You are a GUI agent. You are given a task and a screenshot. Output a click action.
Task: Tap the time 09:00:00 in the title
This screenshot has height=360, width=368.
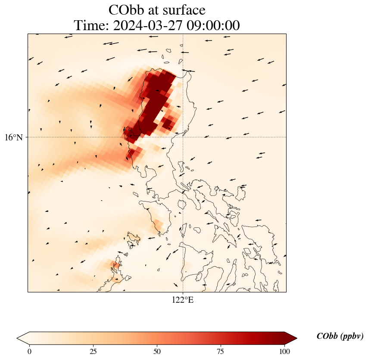213,26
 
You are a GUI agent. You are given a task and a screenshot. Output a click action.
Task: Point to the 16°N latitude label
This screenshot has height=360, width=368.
14,137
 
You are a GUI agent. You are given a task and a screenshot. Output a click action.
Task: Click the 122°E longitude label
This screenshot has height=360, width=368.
183,300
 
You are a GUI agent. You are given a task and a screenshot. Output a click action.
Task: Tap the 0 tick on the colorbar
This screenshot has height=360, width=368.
29,351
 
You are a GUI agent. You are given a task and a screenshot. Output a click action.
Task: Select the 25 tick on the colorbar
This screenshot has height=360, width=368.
93,351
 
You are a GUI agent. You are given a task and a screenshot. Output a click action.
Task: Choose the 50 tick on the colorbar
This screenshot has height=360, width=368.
157,351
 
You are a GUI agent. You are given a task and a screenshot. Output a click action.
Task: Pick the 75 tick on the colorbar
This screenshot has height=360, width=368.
220,351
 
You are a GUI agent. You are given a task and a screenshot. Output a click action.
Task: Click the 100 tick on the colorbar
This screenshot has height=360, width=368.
284,351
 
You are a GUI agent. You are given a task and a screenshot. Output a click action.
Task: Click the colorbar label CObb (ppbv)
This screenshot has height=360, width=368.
340,336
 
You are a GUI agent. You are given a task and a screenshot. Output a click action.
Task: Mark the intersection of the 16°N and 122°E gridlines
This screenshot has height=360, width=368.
183,137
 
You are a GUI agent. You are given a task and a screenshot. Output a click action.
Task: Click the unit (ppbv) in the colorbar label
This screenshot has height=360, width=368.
352,336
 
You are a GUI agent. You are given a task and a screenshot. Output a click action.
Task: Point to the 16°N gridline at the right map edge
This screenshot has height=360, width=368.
286,137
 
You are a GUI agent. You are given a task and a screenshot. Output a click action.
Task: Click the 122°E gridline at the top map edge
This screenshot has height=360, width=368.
183,34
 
